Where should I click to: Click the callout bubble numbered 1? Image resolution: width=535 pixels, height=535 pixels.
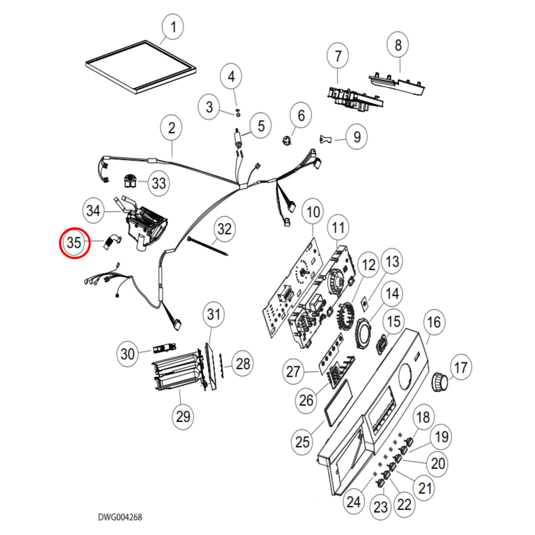coord(173,27)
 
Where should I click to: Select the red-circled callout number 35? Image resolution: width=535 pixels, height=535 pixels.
coord(74,243)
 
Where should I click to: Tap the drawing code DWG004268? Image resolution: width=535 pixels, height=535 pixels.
coord(120,517)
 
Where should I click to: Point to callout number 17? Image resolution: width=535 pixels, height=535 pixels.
coord(461,368)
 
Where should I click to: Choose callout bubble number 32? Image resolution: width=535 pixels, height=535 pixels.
coord(224,229)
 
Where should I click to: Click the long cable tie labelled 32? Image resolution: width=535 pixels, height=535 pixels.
coord(208,246)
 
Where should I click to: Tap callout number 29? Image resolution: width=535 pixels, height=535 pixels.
coord(183,417)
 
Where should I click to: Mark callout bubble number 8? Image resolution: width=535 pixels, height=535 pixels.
coord(398,45)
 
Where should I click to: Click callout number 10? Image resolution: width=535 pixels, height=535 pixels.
coord(313,212)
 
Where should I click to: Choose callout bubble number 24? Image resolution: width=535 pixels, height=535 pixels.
coord(354,502)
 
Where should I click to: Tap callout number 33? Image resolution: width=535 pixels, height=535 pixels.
coord(159,183)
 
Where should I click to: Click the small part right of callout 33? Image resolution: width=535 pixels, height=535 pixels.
coord(130,181)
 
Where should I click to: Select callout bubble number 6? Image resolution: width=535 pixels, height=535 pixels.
coord(301,115)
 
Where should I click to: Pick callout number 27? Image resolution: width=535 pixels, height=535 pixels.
coord(293,371)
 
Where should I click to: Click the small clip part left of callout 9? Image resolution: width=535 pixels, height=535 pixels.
coord(325,139)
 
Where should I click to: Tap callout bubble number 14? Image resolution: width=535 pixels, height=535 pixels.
coord(392,294)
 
